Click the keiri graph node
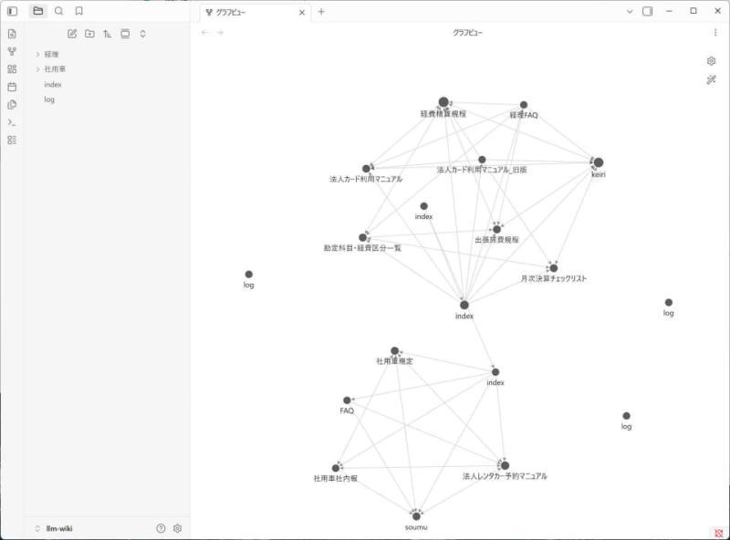click(599, 162)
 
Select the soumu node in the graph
click(416, 516)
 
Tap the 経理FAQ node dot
click(524, 105)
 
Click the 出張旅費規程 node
click(496, 230)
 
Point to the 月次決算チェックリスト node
click(554, 268)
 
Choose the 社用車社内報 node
click(336, 468)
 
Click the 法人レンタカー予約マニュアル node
click(505, 465)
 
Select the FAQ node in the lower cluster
click(347, 400)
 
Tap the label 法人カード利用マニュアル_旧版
click(482, 170)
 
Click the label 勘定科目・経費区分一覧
click(362, 248)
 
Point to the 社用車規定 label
click(394, 361)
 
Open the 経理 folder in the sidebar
click(51, 55)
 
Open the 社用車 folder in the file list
click(55, 69)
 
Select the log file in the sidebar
click(49, 99)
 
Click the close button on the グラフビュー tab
click(302, 13)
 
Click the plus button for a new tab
click(321, 12)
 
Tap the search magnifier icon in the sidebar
click(58, 11)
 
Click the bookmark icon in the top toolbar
click(79, 11)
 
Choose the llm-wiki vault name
click(59, 528)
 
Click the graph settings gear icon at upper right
click(711, 61)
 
